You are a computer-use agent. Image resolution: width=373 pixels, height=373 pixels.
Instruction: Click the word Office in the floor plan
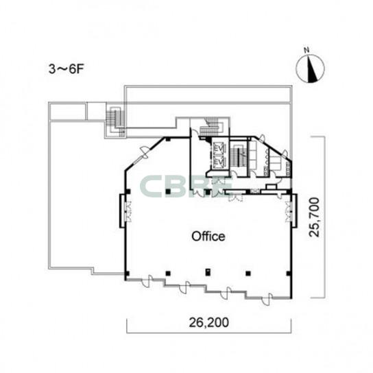208,237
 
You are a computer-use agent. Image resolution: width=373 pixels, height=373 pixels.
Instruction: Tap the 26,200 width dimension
209,322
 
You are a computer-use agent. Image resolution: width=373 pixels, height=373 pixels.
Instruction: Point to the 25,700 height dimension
314,217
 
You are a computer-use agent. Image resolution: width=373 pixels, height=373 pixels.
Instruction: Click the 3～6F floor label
67,69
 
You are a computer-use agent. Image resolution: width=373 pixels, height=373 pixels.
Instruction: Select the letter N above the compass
306,50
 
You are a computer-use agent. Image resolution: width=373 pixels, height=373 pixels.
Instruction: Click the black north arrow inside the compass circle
312,69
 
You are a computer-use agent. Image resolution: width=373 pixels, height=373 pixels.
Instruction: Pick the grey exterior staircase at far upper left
116,121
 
